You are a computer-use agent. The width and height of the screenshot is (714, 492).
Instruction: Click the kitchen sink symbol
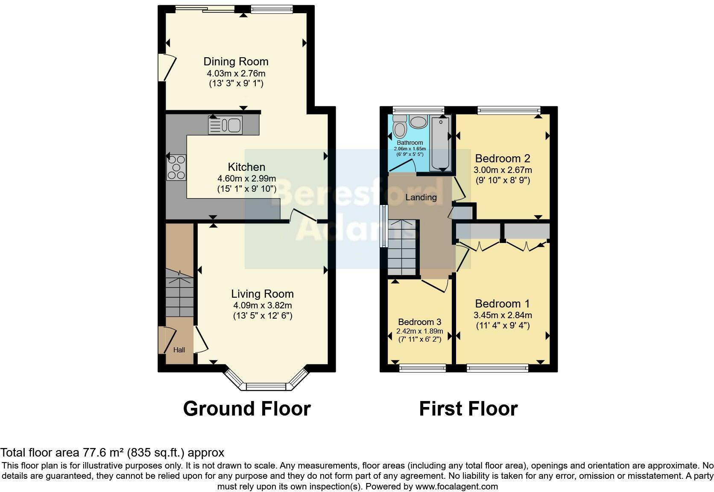pos(225,125)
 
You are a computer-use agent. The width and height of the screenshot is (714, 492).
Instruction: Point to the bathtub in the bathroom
pos(440,143)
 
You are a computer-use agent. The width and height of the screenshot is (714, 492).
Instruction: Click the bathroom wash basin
pos(418,122)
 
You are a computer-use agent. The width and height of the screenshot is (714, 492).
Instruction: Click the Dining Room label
pos(236,61)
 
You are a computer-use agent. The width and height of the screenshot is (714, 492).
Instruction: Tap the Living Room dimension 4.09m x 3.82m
pos(262,305)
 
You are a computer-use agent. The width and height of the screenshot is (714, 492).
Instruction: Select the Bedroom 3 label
pos(419,322)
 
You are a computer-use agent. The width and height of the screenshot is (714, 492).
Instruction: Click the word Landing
pos(421,197)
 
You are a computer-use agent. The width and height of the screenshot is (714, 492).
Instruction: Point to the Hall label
pos(179,350)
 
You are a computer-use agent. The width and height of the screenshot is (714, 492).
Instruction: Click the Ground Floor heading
pos(247,409)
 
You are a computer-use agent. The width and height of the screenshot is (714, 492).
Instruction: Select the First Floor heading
pos(468,409)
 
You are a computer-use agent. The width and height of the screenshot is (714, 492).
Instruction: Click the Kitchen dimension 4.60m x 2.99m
pos(246,179)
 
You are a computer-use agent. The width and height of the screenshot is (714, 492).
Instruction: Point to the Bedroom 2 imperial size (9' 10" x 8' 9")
pos(503,180)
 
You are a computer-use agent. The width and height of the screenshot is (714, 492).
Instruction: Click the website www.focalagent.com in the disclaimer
pos(456,486)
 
